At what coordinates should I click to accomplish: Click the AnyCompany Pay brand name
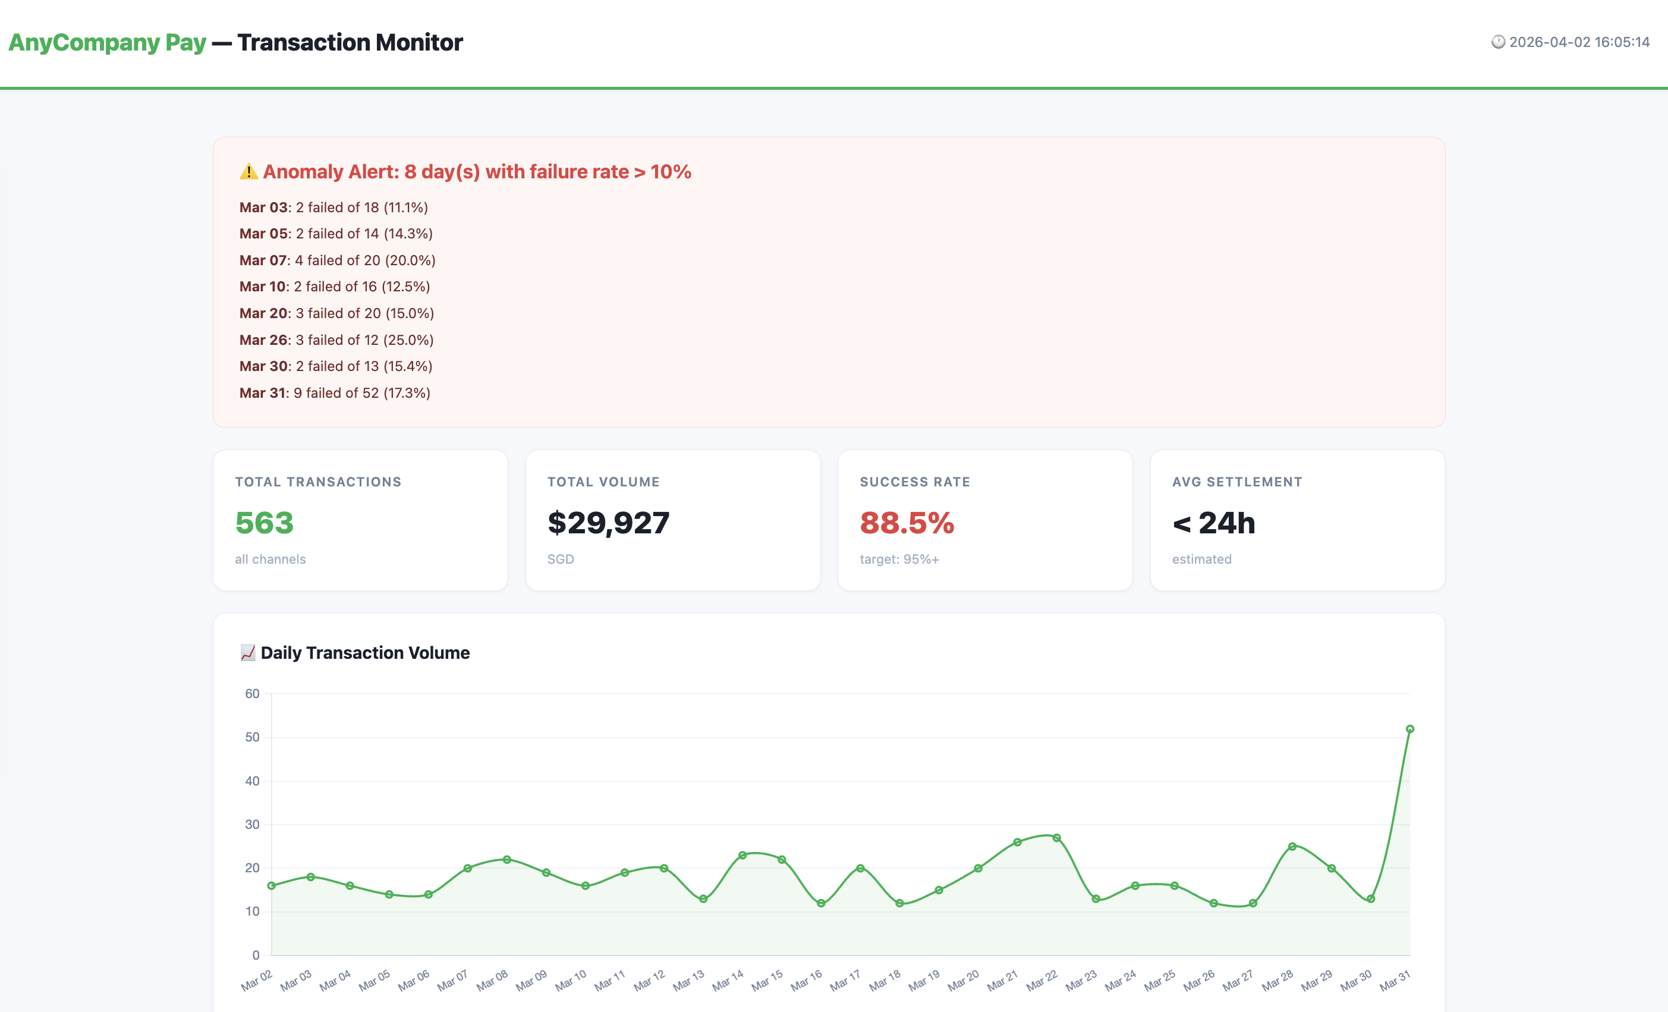[x=107, y=43]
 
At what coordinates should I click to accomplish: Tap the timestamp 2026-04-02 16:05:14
[x=1579, y=42]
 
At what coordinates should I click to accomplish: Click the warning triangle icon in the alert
[x=248, y=172]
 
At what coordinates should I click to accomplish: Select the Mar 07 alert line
[x=337, y=260]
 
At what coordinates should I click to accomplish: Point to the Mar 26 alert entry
[x=336, y=340]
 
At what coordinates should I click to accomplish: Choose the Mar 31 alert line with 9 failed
[x=335, y=392]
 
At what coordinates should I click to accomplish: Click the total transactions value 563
[x=264, y=523]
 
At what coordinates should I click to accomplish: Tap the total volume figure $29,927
[x=608, y=523]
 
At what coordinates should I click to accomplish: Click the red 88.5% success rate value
[x=907, y=523]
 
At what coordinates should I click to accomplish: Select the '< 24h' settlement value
[x=1213, y=523]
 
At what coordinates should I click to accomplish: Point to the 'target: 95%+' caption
[x=899, y=559]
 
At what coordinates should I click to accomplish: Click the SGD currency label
[x=561, y=559]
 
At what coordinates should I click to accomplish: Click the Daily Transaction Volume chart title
[x=365, y=652]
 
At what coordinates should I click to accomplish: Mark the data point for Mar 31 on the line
[x=1410, y=729]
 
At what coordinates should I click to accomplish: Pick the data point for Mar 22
[x=1057, y=838]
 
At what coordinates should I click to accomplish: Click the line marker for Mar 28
[x=1292, y=846]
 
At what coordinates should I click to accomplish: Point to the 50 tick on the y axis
[x=253, y=737]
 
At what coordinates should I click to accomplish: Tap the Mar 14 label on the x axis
[x=728, y=980]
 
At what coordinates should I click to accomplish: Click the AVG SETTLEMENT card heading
[x=1237, y=482]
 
